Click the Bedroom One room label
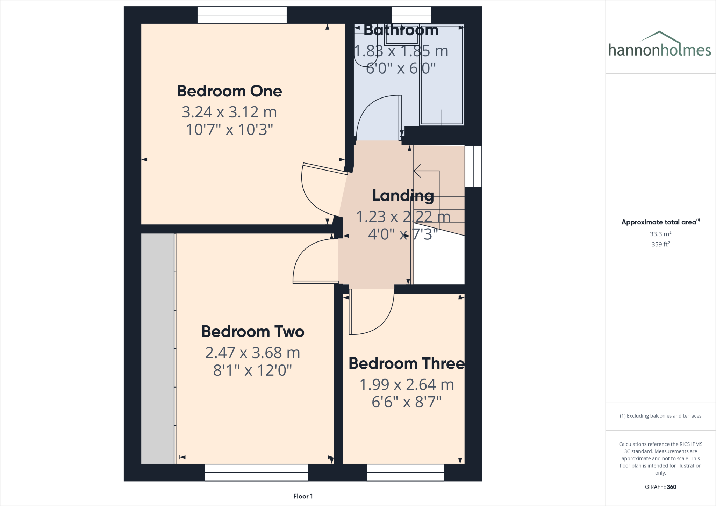[229, 91]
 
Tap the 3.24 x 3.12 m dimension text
[229, 112]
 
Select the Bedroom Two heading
[252, 332]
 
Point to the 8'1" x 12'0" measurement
[252, 370]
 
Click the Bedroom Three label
[406, 364]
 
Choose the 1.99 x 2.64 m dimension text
[406, 385]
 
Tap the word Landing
[403, 196]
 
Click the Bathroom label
[401, 30]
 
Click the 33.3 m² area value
[660, 234]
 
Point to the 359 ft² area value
[660, 244]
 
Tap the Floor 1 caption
[303, 496]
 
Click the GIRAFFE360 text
[660, 487]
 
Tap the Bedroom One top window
[242, 15]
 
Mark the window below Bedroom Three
[405, 472]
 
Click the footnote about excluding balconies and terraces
[660, 416]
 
